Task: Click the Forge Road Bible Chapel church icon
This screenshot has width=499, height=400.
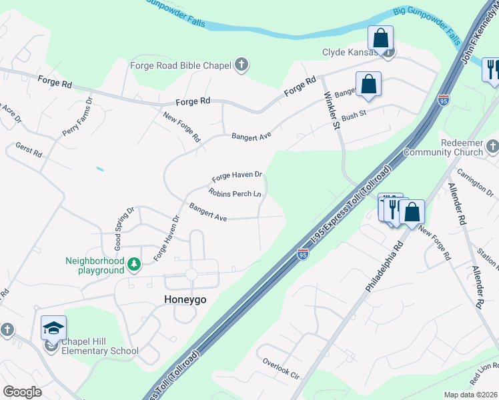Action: (x=241, y=65)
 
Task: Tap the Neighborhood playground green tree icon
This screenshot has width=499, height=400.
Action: (x=134, y=265)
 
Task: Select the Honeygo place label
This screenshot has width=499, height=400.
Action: (x=185, y=299)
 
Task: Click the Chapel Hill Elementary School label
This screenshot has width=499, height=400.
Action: (x=99, y=347)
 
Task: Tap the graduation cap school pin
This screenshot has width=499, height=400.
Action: (x=53, y=328)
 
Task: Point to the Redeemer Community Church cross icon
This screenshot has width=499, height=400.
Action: (x=492, y=145)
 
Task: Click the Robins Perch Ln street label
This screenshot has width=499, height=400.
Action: (x=234, y=194)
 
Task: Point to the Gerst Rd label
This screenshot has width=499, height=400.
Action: (x=29, y=150)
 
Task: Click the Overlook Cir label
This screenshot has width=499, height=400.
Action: (x=281, y=369)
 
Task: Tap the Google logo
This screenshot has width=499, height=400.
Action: (x=22, y=392)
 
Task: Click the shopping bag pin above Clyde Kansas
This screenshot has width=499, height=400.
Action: (x=380, y=38)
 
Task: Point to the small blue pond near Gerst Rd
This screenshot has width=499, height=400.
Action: (x=99, y=169)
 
